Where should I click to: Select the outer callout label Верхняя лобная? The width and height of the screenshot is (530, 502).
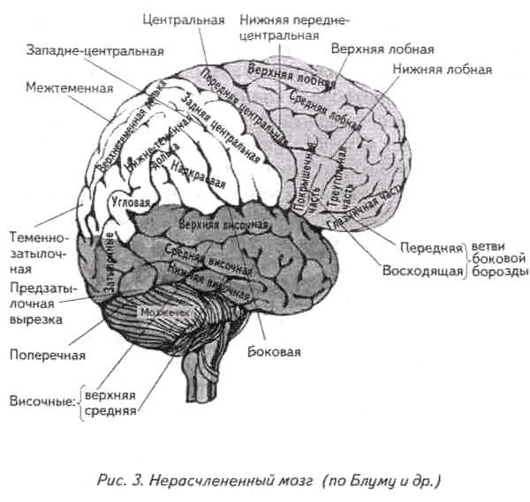pyautogui.click(x=382, y=49)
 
